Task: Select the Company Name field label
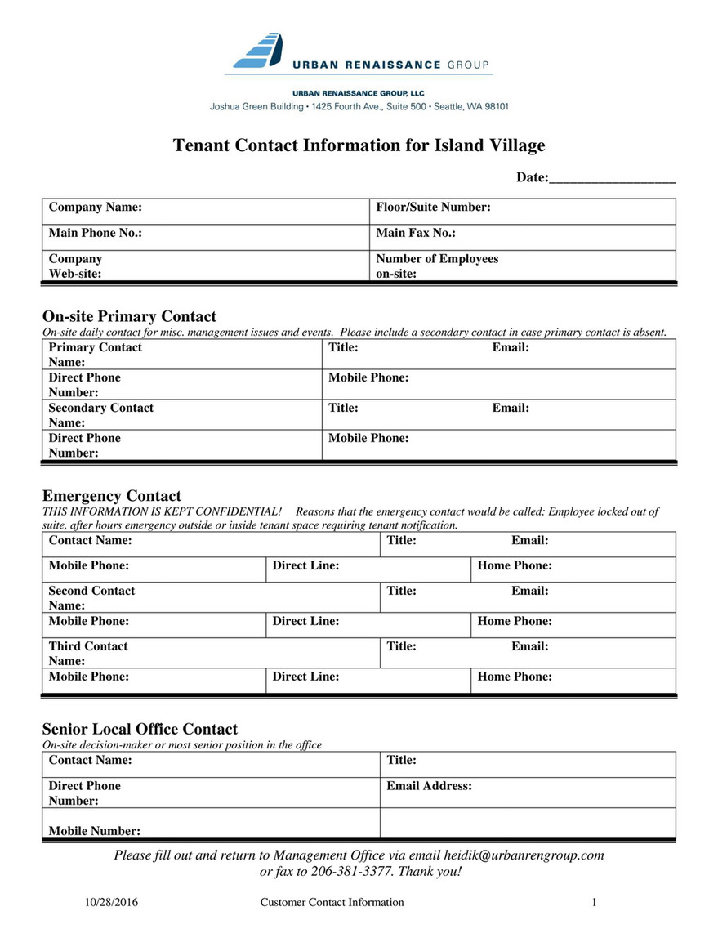pyautogui.click(x=96, y=208)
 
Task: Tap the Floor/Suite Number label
pyautogui.click(x=433, y=208)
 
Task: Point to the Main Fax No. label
pyautogui.click(x=416, y=233)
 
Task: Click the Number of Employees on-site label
pyautogui.click(x=437, y=266)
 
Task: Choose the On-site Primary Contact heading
pyautogui.click(x=129, y=316)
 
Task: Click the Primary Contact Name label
pyautogui.click(x=95, y=355)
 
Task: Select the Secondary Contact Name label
pyautogui.click(x=100, y=415)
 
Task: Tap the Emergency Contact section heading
pyautogui.click(x=111, y=496)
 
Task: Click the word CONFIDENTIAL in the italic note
pyautogui.click(x=237, y=511)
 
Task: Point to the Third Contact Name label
pyautogui.click(x=88, y=653)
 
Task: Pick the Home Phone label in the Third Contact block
pyautogui.click(x=515, y=677)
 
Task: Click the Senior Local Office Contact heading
pyautogui.click(x=140, y=729)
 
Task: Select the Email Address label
pyautogui.click(x=430, y=786)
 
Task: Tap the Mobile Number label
pyautogui.click(x=95, y=831)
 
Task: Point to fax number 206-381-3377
pyautogui.click(x=350, y=872)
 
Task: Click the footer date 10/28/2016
pyautogui.click(x=112, y=903)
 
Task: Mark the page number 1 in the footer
pyautogui.click(x=595, y=903)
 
